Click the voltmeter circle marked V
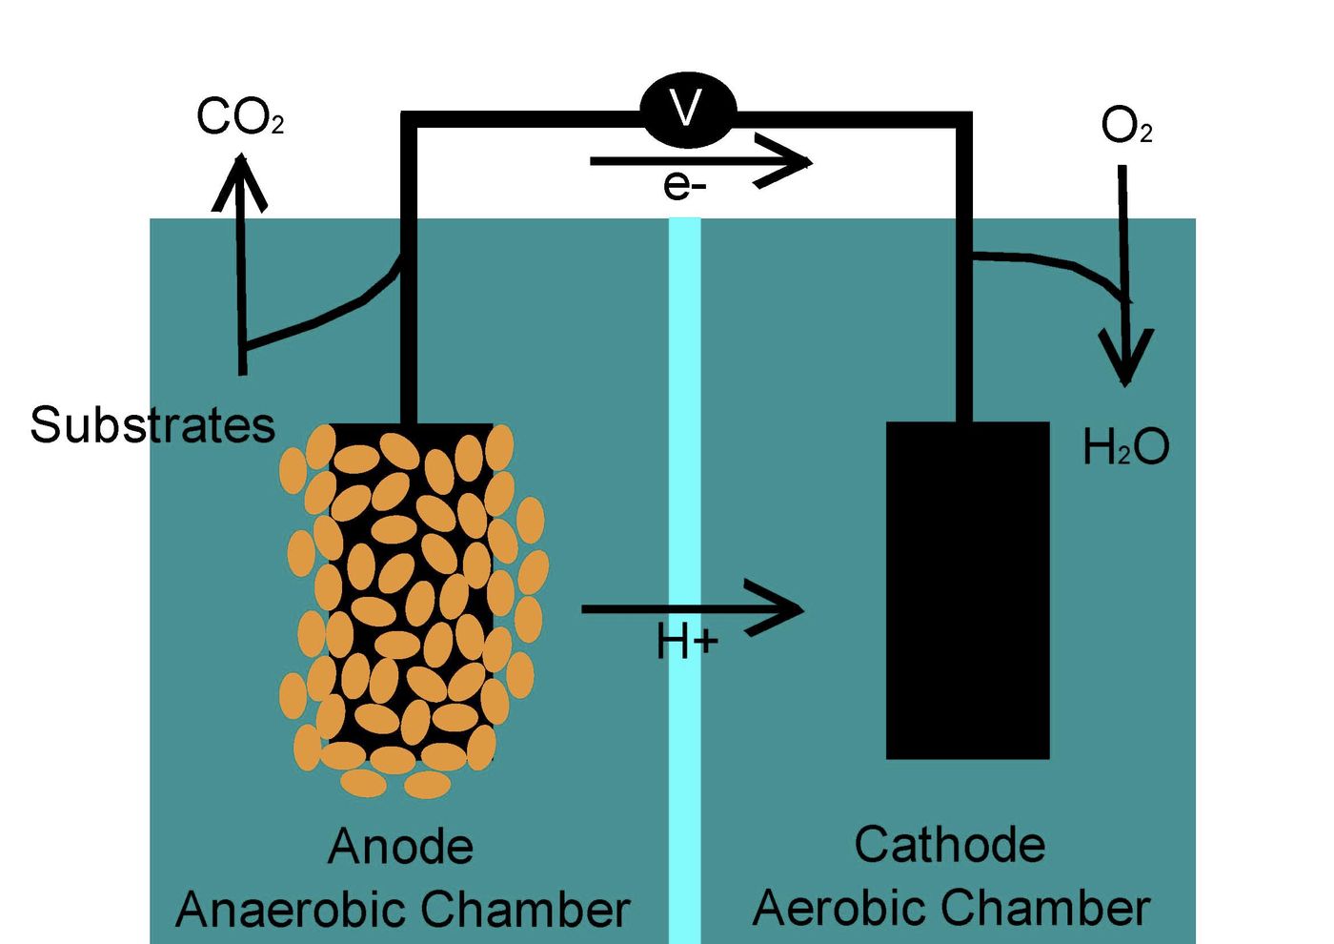tap(687, 110)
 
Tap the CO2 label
tap(239, 118)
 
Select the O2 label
tap(1125, 126)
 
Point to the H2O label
tap(1125, 446)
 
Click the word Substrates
tap(152, 425)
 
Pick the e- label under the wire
tap(684, 185)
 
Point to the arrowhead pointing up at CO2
tap(239, 181)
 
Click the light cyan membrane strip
tap(684, 477)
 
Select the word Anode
tap(400, 847)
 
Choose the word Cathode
tap(949, 845)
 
